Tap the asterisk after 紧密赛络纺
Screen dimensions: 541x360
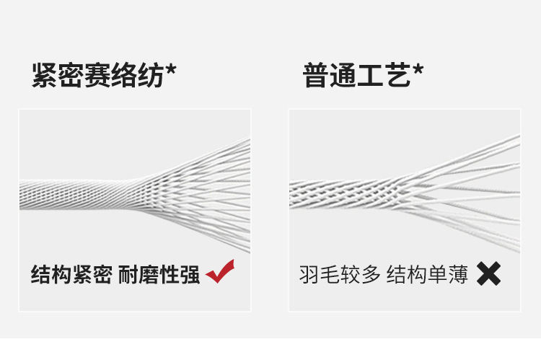pyautogui.click(x=171, y=71)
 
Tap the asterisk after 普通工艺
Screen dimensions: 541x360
pyautogui.click(x=418, y=71)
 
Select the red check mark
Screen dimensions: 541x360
pyautogui.click(x=220, y=273)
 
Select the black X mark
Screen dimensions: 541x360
pyautogui.click(x=488, y=273)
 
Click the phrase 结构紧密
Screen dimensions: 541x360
pyautogui.click(x=71, y=275)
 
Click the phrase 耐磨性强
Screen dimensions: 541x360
pyautogui.click(x=159, y=275)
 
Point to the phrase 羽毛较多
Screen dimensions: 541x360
pyautogui.click(x=340, y=275)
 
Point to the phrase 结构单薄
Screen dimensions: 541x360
pyautogui.click(x=428, y=275)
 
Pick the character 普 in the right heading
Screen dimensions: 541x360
pyautogui.click(x=316, y=75)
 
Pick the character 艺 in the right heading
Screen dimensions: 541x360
pyautogui.click(x=397, y=75)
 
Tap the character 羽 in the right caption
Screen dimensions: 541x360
pyautogui.click(x=309, y=275)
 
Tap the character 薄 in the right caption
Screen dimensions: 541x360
pyautogui.click(x=458, y=275)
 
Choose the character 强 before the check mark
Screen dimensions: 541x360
pyautogui.click(x=190, y=275)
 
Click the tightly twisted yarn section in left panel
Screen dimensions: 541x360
pyautogui.click(x=72, y=194)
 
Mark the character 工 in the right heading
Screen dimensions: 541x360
pyautogui.click(x=371, y=75)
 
